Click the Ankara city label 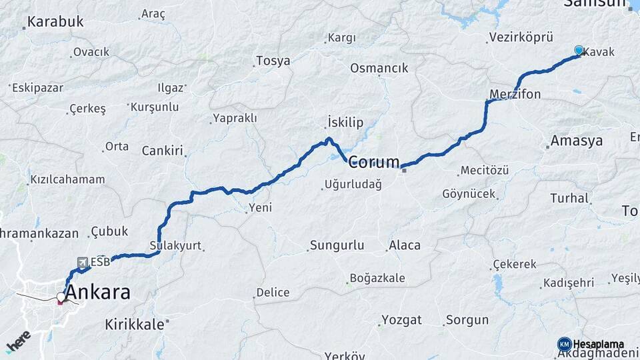coord(98,293)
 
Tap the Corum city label coord(374,162)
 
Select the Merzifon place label coord(515,94)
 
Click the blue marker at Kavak coord(579,51)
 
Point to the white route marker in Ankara coord(61,297)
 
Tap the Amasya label coord(577,141)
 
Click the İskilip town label coord(345,122)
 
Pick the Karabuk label coord(56,21)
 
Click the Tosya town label coord(273,61)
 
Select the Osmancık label coord(379,68)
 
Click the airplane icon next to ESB coord(82,262)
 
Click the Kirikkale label coord(135,325)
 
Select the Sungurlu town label coord(337,245)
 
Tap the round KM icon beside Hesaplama coord(564,343)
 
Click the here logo coord(18,341)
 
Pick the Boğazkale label coord(378,279)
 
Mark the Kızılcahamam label coord(67,179)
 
